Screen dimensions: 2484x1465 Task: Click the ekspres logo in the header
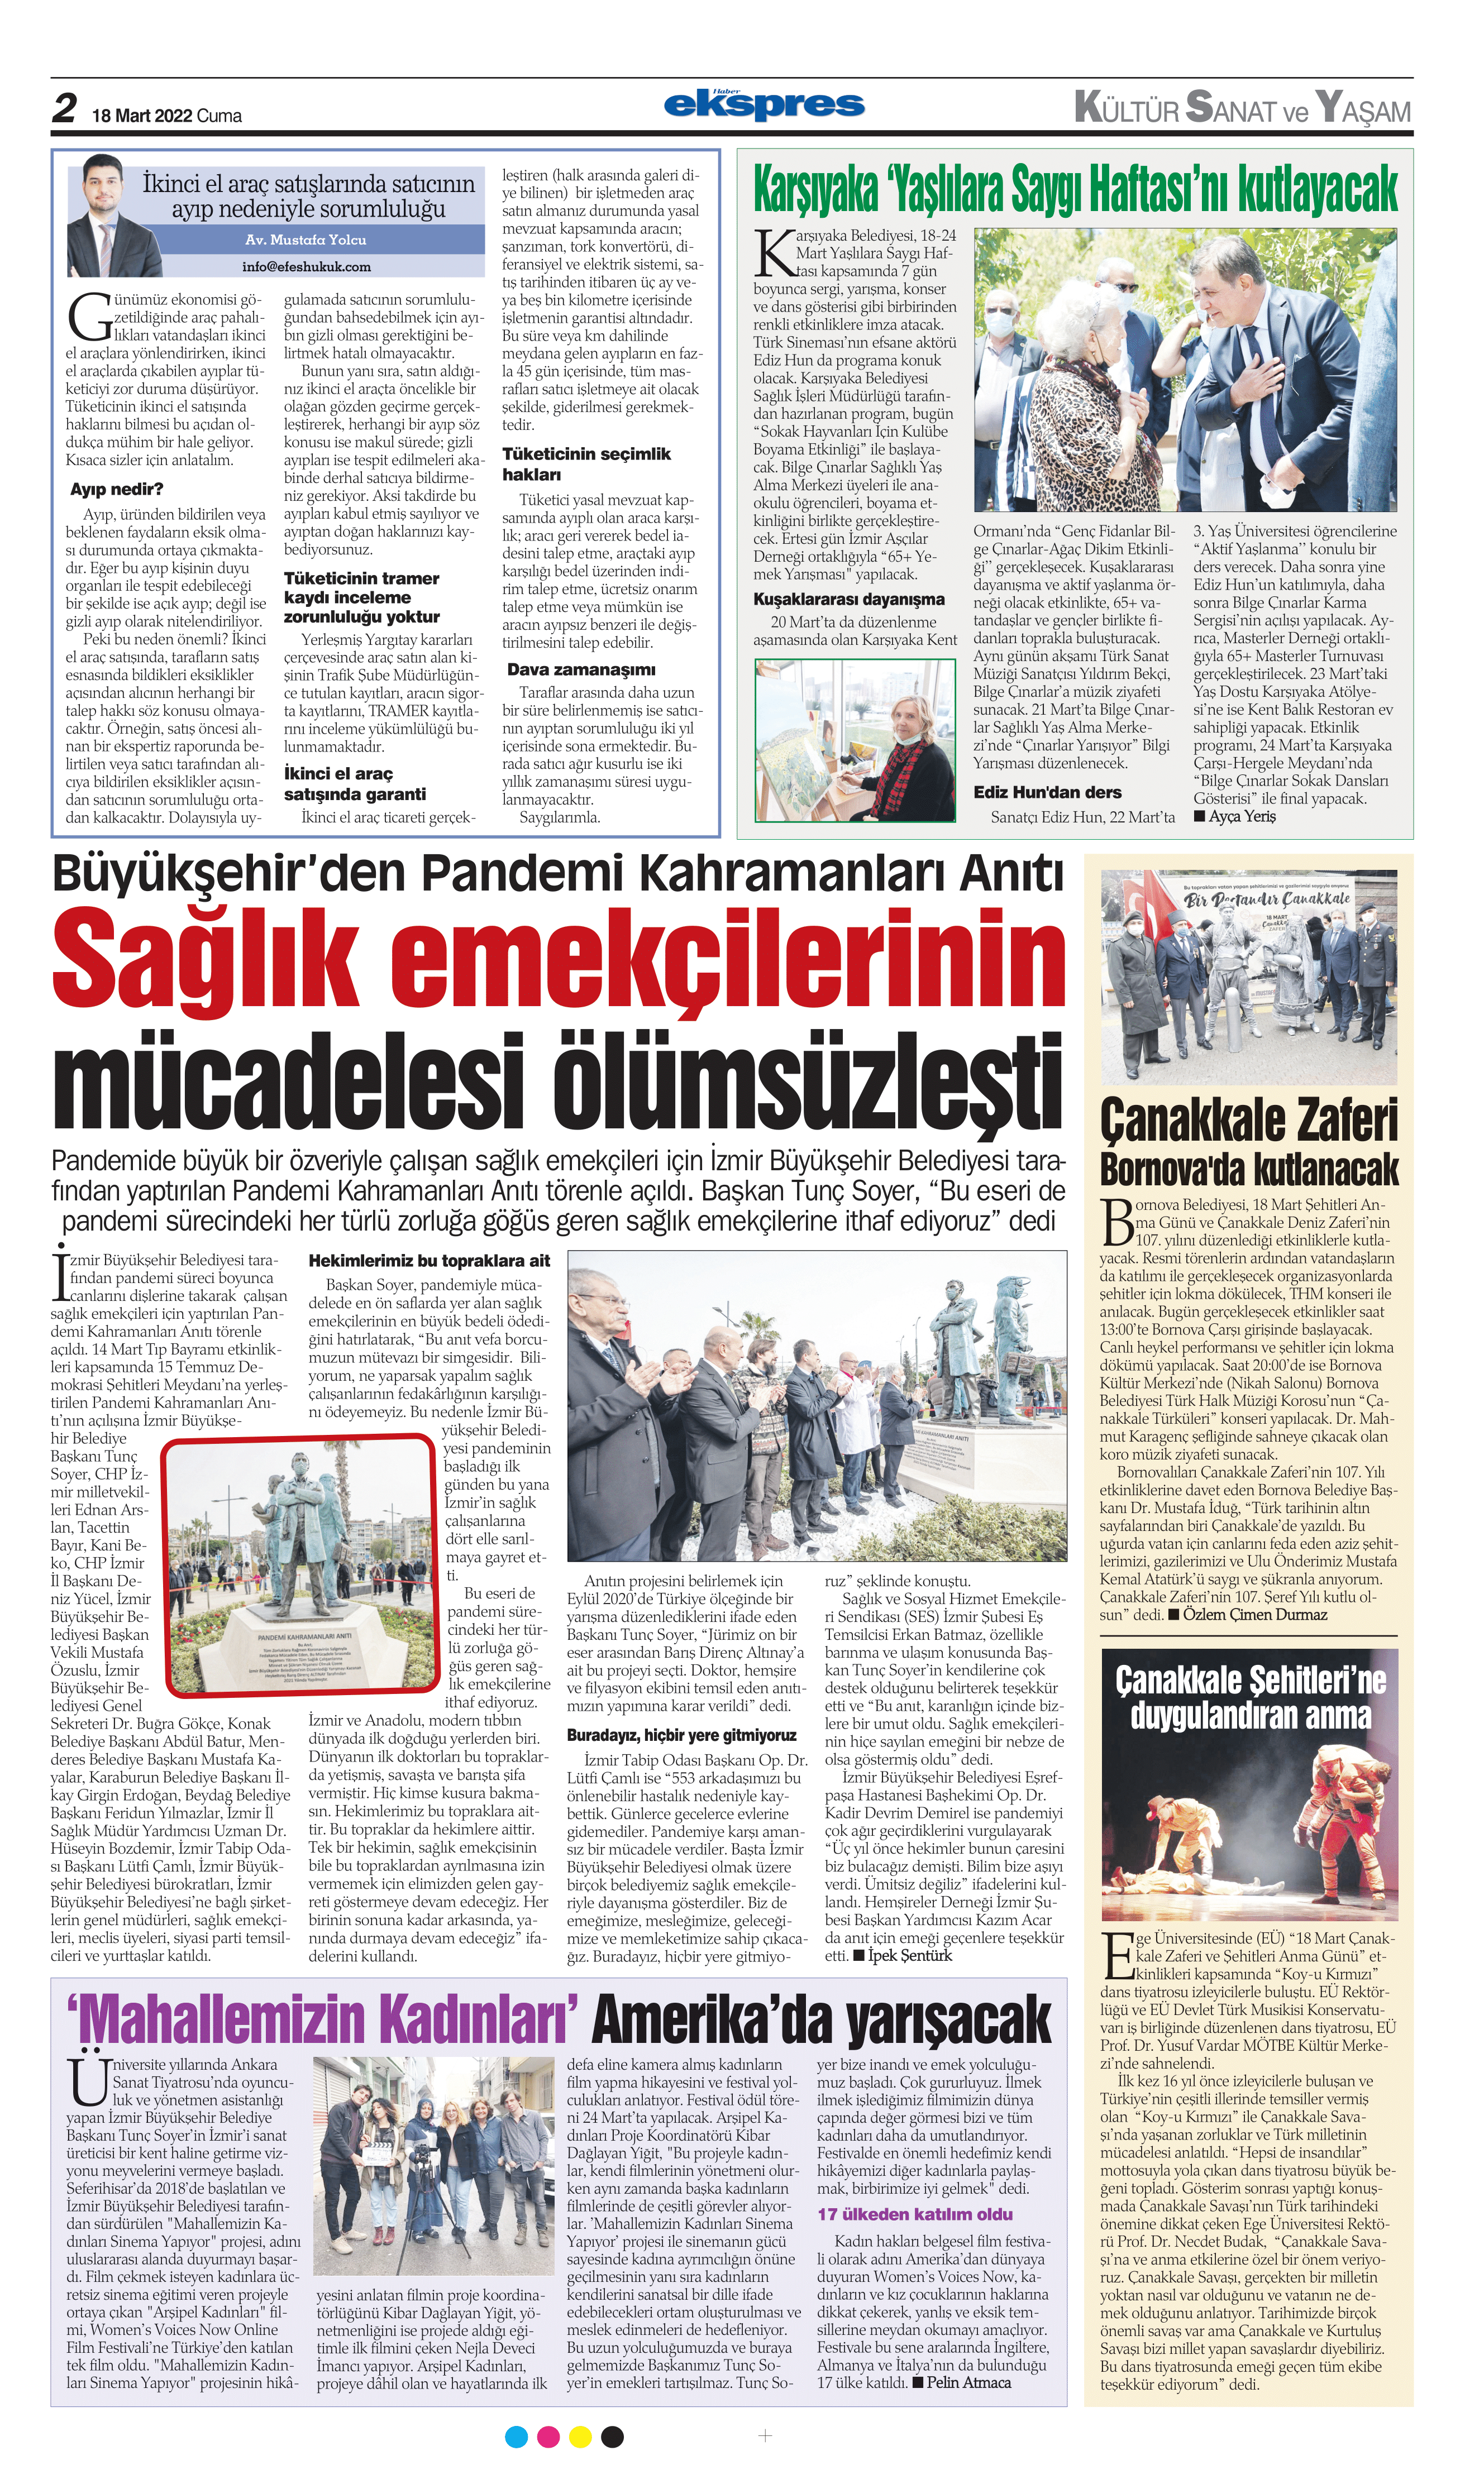[x=764, y=104]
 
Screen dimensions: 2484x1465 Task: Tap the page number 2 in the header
[x=64, y=108]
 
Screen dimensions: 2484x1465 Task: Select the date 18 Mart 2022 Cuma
[x=167, y=116]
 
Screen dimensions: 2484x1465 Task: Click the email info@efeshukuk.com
[x=306, y=266]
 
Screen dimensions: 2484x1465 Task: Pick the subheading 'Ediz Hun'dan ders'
[x=1047, y=792]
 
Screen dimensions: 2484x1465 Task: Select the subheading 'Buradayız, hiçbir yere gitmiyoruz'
[x=681, y=1734]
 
